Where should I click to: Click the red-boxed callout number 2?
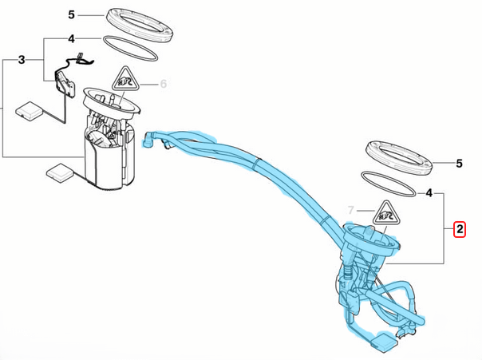[460, 229]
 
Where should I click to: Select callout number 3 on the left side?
[22, 60]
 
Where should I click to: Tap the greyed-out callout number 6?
[164, 84]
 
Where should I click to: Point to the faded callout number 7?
[351, 210]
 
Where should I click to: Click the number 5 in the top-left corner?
[71, 14]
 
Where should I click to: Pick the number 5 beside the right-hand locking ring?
[459, 164]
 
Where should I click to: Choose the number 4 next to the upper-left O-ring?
[71, 39]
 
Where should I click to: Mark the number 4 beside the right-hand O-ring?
[429, 193]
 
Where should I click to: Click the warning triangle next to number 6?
[125, 79]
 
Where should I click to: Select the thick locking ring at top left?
[140, 26]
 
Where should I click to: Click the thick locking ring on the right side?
[399, 158]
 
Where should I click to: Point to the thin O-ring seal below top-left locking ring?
[130, 49]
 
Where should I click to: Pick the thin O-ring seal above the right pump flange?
[389, 184]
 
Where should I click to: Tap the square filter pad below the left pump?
[60, 172]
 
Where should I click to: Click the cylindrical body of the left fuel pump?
[110, 160]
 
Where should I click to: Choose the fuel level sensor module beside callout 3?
[65, 85]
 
